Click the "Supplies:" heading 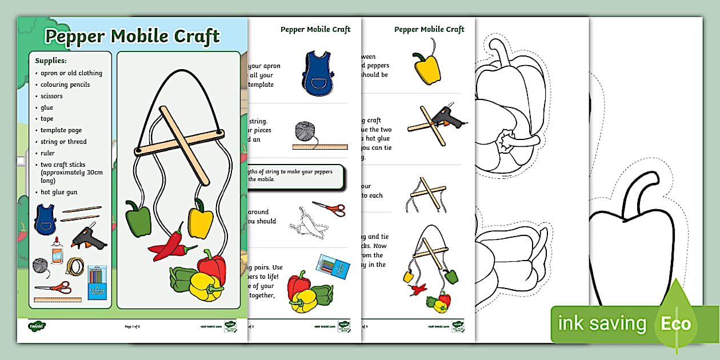click(51, 60)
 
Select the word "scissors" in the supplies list click(51, 96)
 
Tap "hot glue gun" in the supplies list click(59, 192)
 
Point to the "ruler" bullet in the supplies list click(47, 153)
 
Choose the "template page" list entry click(61, 130)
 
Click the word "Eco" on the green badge click(676, 324)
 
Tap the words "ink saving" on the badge click(602, 324)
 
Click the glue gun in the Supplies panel click(87, 237)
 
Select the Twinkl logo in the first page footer click(37, 326)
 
